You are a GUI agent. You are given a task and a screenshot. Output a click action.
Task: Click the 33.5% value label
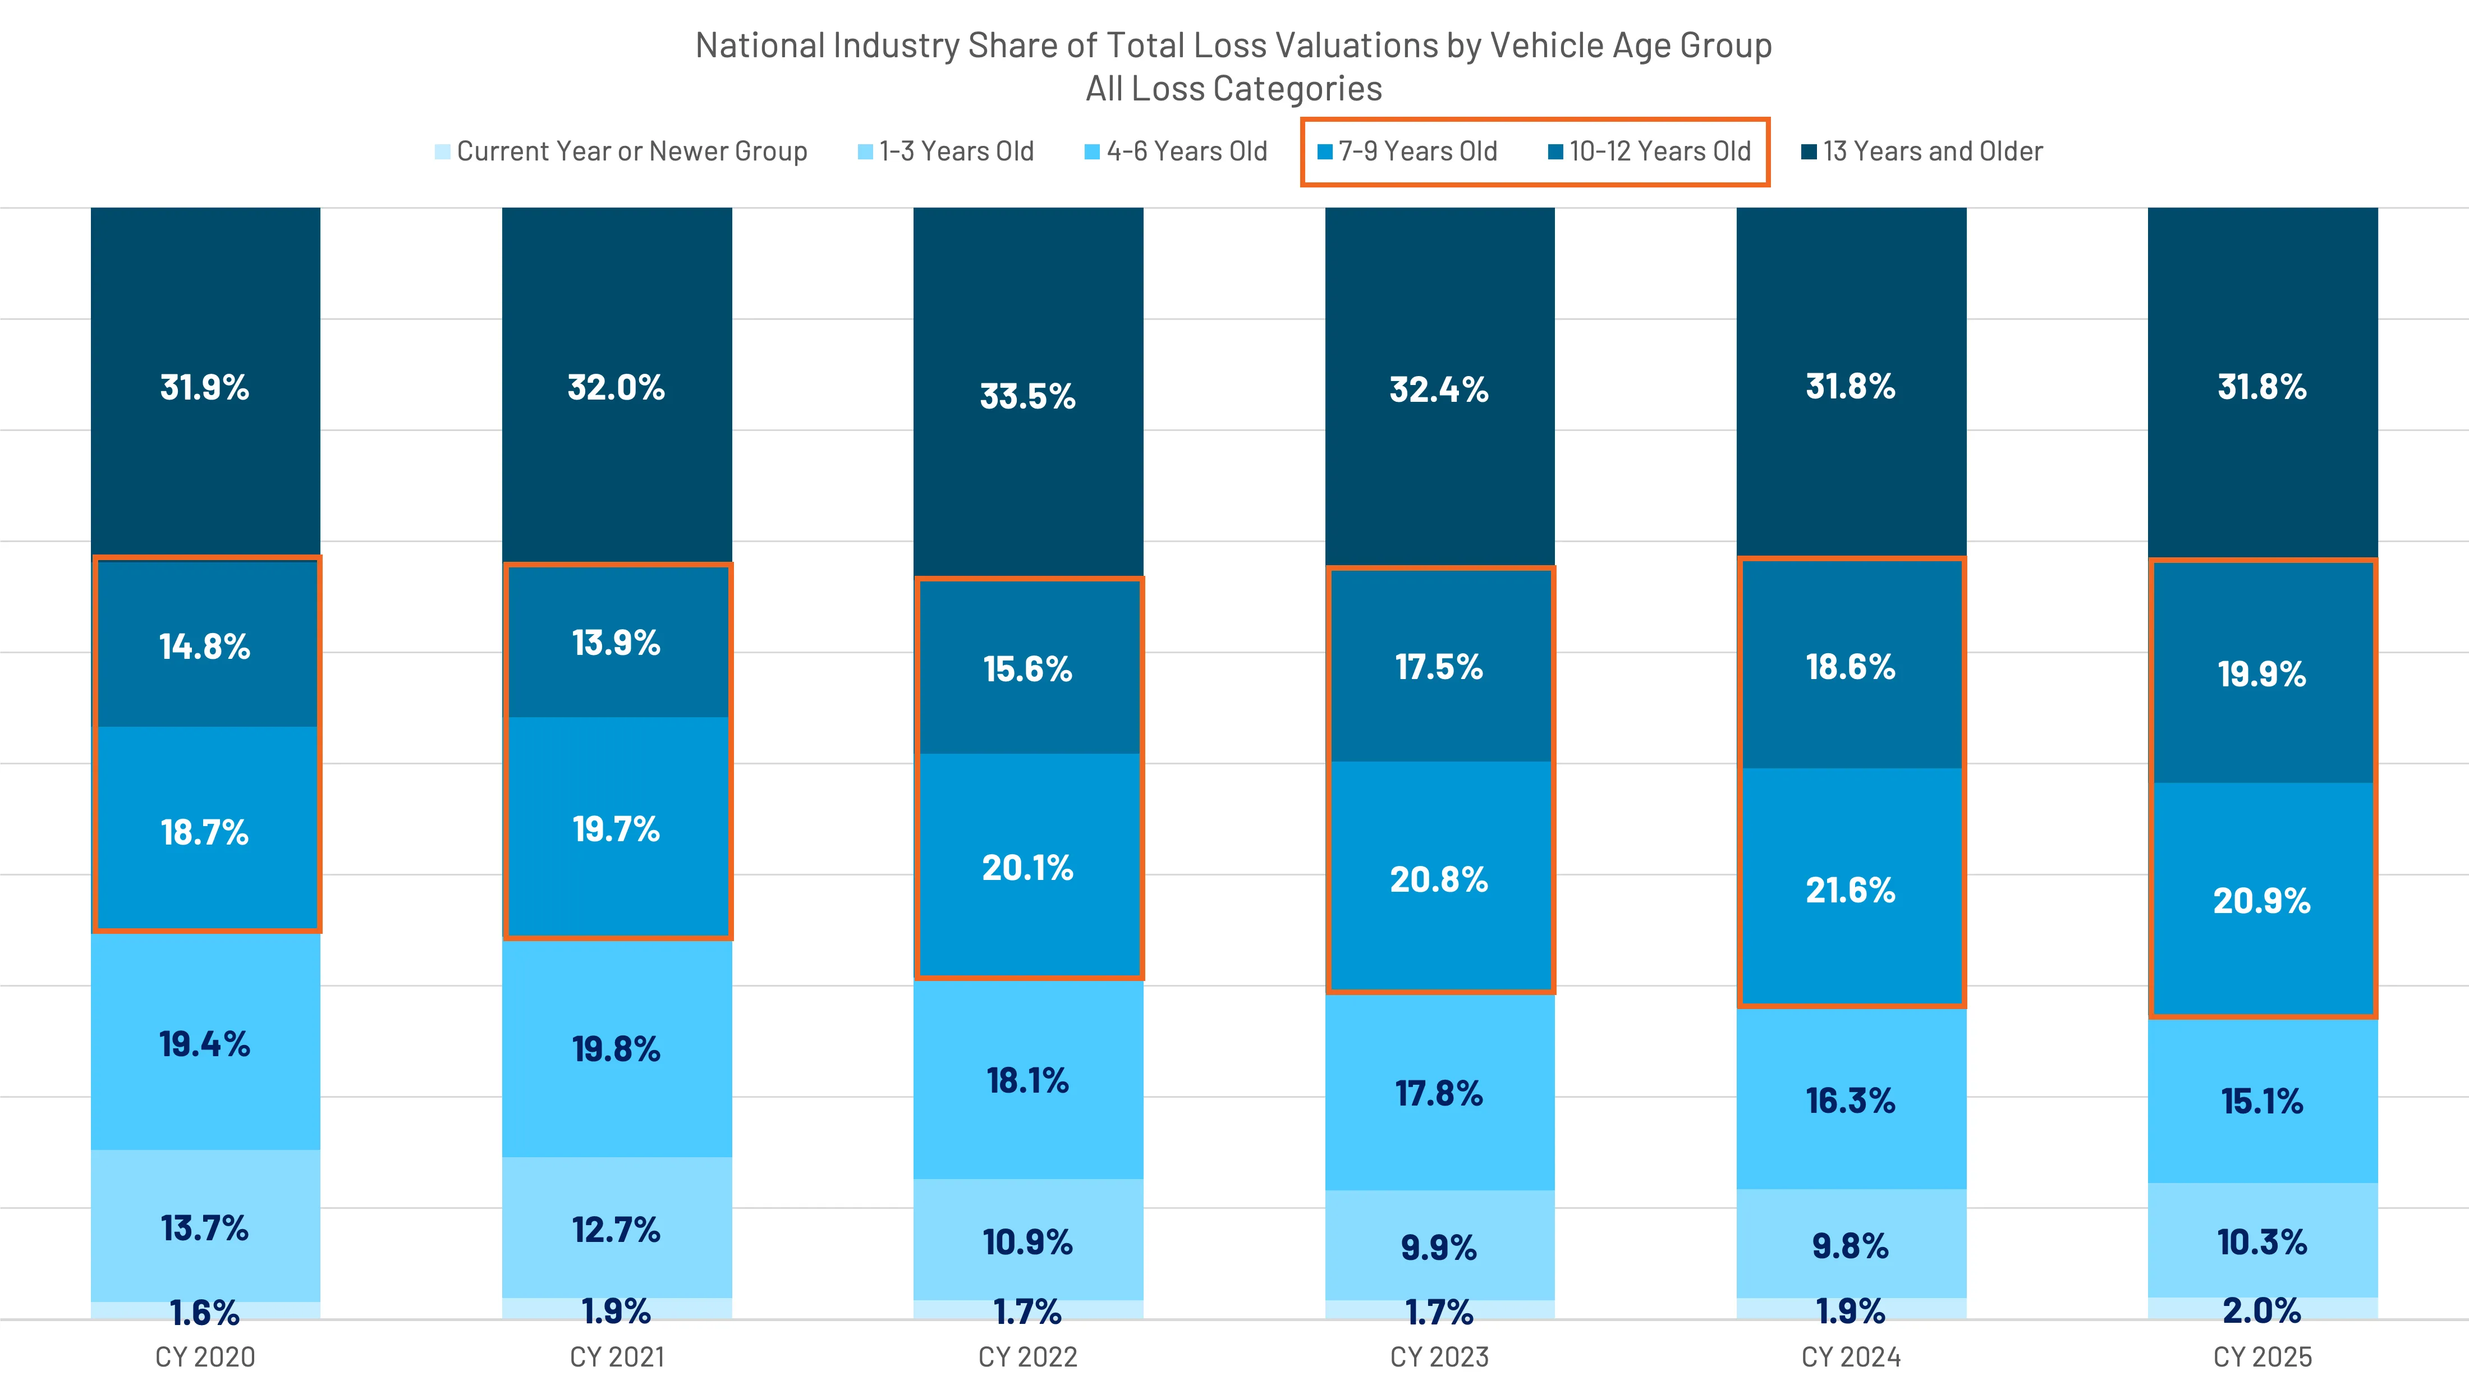tap(1027, 396)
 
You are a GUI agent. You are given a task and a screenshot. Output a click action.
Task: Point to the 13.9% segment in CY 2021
tap(616, 642)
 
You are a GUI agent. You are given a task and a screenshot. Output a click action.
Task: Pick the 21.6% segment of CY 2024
tap(1851, 890)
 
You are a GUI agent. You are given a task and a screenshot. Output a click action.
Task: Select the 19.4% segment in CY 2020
tap(205, 1043)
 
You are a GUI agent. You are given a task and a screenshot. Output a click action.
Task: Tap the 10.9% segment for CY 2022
tap(1027, 1241)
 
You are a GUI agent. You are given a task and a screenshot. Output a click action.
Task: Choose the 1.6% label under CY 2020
tap(205, 1312)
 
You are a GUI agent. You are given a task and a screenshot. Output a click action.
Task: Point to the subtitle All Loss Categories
tap(1233, 88)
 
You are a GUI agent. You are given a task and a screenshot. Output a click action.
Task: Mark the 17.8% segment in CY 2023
tap(1440, 1093)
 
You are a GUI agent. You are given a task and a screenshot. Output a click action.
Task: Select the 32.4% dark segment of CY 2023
tap(1440, 388)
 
